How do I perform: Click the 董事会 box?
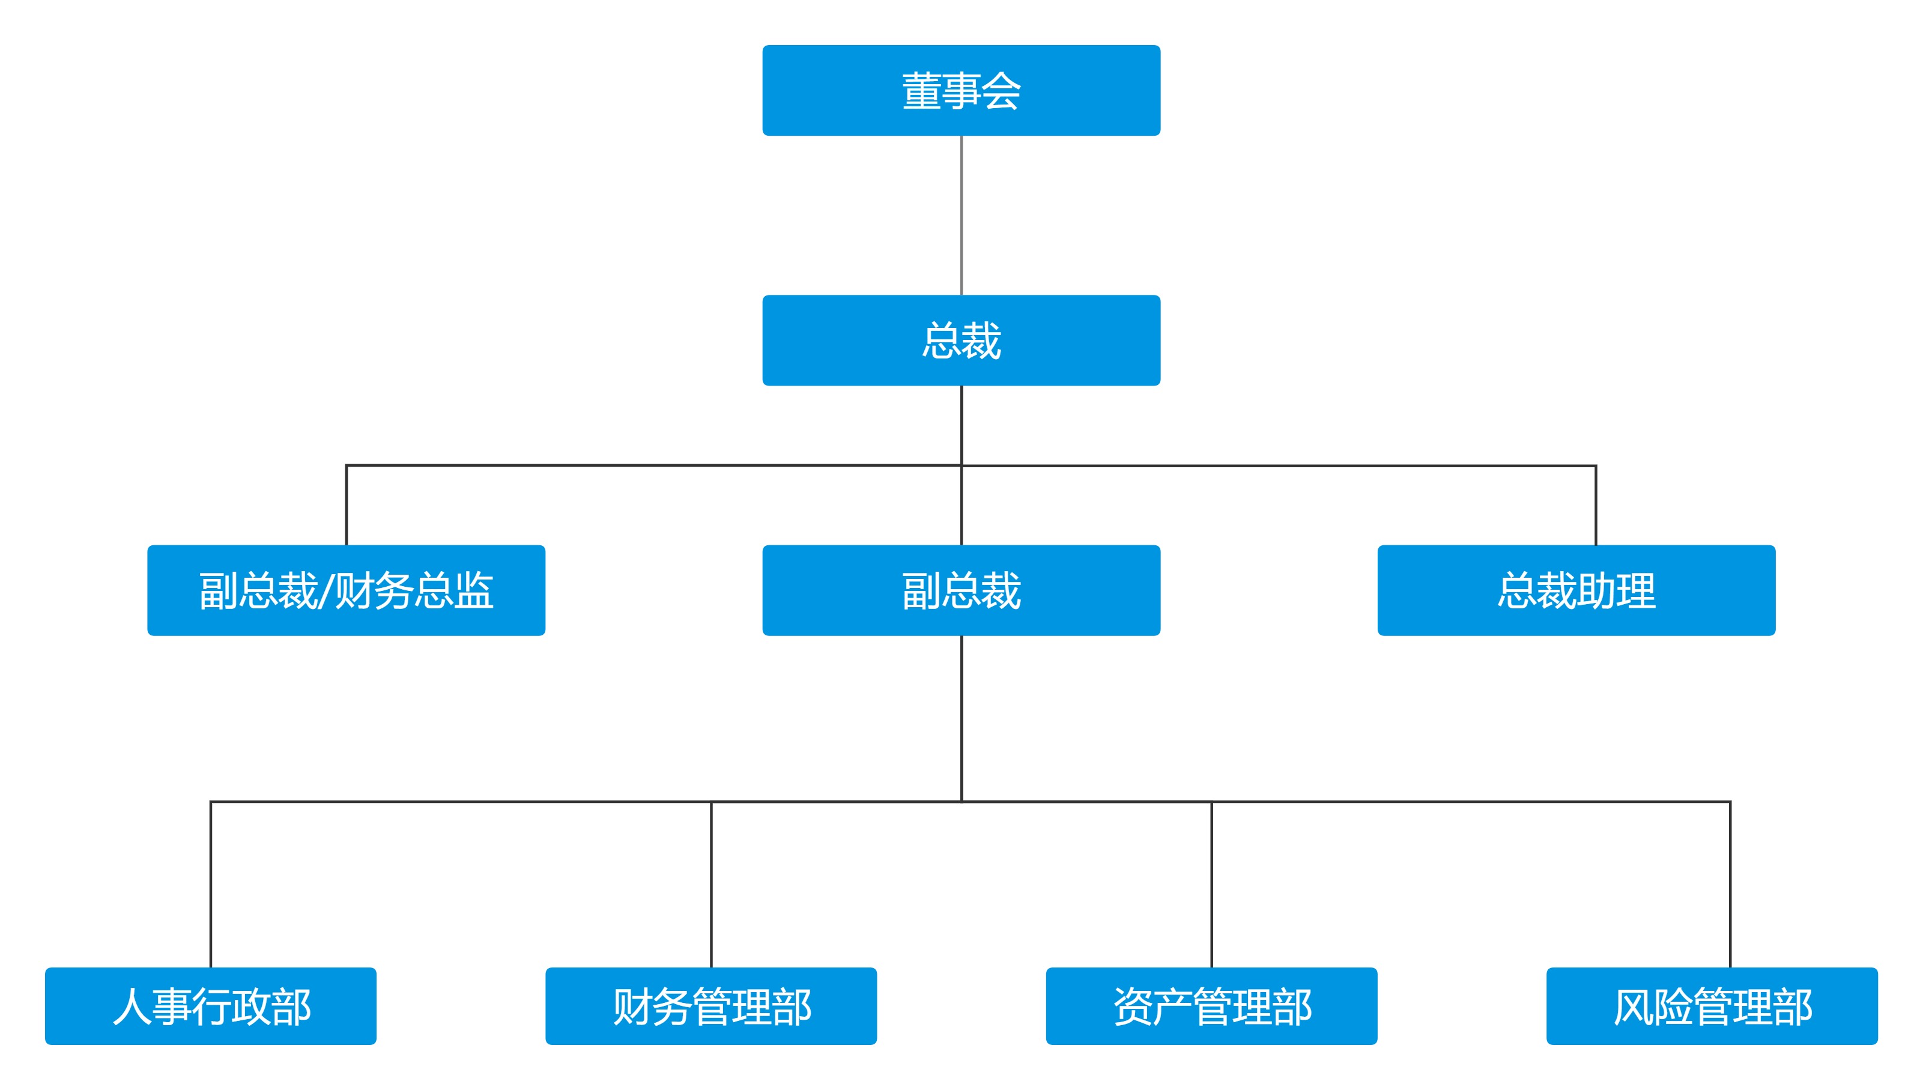pos(961,91)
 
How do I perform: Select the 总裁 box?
pos(961,341)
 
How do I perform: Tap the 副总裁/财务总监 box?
pos(346,591)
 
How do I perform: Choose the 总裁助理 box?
pos(1576,591)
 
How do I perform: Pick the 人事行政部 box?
pos(210,1005)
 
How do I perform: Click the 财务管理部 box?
pos(711,1005)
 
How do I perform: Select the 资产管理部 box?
pos(1211,1005)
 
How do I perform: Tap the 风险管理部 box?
pos(1712,1005)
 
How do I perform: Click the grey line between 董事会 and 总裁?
pos(961,216)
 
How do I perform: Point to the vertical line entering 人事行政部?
pos(211,883)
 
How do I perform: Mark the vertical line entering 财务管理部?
pos(711,883)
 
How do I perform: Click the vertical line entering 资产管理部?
pos(1212,883)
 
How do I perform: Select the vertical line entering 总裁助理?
pos(1596,505)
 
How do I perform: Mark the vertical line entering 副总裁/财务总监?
pos(347,505)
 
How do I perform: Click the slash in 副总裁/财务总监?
pos(326,592)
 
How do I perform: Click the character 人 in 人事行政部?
pos(132,1006)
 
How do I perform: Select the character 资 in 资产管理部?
pos(1133,1006)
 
